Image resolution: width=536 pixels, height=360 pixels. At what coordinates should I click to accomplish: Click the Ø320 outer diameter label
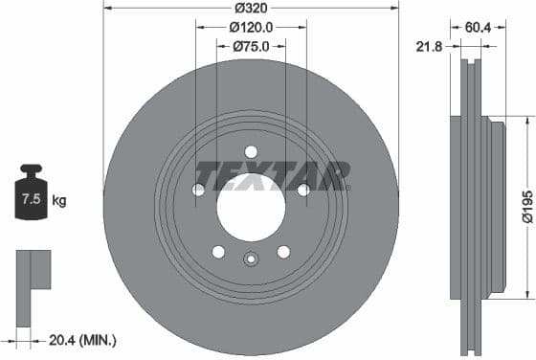click(x=251, y=10)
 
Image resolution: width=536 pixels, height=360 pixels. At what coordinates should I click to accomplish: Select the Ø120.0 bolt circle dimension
click(x=252, y=28)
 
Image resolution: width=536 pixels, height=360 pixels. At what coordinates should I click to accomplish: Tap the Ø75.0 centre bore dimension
click(x=251, y=45)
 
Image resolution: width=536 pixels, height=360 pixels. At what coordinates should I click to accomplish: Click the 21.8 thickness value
click(x=429, y=45)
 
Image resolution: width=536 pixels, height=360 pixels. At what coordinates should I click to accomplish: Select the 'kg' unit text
click(x=59, y=201)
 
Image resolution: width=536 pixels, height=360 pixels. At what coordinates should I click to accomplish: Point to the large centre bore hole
click(x=251, y=207)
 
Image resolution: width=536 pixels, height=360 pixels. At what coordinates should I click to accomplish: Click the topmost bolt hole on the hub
click(x=251, y=151)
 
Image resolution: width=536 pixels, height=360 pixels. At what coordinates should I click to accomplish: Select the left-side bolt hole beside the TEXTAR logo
click(x=198, y=190)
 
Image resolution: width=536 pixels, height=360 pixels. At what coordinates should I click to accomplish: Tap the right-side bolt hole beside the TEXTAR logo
click(x=303, y=190)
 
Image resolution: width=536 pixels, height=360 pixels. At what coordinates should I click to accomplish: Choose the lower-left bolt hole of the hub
click(x=218, y=252)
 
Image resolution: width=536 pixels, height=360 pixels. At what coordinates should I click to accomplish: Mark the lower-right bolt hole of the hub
click(x=283, y=252)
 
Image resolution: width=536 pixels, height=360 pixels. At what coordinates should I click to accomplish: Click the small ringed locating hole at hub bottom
click(x=251, y=259)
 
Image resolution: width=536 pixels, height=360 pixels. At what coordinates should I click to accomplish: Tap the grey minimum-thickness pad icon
click(x=31, y=270)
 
